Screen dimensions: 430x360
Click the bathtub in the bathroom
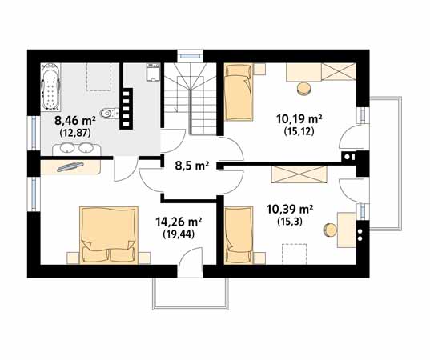[x=50, y=87]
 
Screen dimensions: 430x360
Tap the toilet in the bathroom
[x=108, y=113]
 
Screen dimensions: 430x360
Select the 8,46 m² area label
[x=75, y=120]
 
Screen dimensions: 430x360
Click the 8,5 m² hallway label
[x=192, y=166]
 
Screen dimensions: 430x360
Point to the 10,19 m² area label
[x=299, y=119]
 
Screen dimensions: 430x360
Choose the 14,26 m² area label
[x=179, y=222]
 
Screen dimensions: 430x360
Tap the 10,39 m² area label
[x=290, y=210]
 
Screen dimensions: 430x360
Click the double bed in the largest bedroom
[x=109, y=235]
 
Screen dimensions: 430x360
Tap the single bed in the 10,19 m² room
[x=239, y=92]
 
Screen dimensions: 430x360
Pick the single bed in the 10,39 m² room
[x=239, y=236]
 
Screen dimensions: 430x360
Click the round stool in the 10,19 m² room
[x=303, y=89]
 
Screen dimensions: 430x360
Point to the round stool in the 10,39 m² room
[x=330, y=230]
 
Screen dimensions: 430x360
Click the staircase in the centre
[x=191, y=98]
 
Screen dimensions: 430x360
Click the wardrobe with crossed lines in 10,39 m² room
[x=299, y=174]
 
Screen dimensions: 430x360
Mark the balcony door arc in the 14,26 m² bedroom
[x=189, y=256]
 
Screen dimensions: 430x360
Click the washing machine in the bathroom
[x=153, y=72]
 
